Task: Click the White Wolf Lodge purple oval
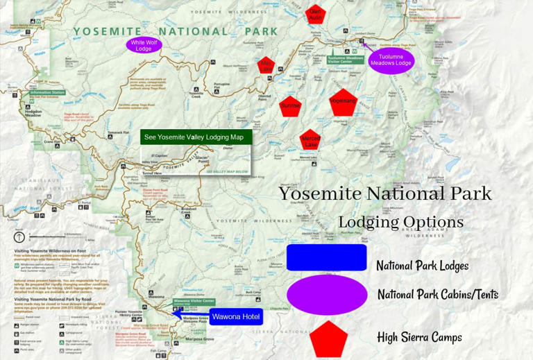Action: pos(144,45)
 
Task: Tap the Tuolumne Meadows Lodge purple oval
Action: pos(391,60)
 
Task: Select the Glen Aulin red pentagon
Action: pos(315,15)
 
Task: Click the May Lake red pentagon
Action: pos(266,66)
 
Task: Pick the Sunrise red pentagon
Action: pos(290,105)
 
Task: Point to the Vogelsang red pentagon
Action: pos(343,101)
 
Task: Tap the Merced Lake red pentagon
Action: pos(310,140)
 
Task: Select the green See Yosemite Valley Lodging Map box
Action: pos(196,137)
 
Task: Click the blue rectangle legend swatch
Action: pos(326,257)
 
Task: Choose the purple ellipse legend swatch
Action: pos(327,294)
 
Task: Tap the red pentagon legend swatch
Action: pos(328,338)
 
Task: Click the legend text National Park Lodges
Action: pos(422,266)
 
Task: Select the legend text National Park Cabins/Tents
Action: pos(437,295)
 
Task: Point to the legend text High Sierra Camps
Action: pos(419,338)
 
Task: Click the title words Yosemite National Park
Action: pos(385,194)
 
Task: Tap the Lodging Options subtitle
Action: pos(400,222)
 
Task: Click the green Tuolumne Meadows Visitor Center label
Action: pos(345,60)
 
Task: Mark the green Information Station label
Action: pos(47,92)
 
